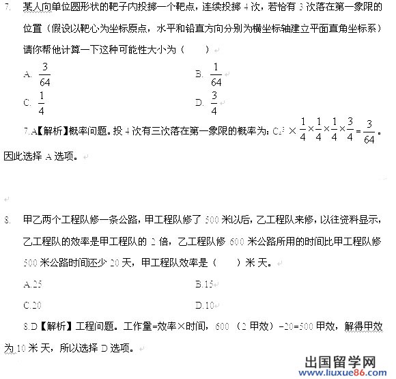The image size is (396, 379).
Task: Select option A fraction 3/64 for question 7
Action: pyautogui.click(x=44, y=74)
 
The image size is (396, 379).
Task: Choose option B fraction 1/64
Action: pyautogui.click(x=216, y=74)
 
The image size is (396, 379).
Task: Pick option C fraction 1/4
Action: pyautogui.click(x=42, y=103)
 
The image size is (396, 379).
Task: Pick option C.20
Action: pyautogui.click(x=33, y=305)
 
